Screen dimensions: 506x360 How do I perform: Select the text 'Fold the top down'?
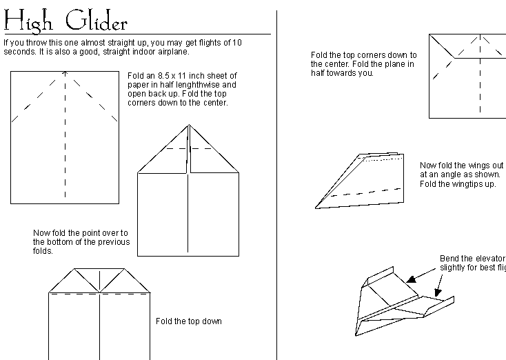(x=188, y=321)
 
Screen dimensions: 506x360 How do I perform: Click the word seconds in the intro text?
(x=19, y=52)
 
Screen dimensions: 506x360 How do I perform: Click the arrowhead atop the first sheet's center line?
(x=65, y=72)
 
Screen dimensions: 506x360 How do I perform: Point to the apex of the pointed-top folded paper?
(x=189, y=126)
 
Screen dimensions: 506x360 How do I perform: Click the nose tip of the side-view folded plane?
(x=316, y=207)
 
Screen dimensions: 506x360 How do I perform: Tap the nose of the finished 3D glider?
(x=356, y=334)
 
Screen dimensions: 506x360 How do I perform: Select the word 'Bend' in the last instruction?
(x=449, y=259)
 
